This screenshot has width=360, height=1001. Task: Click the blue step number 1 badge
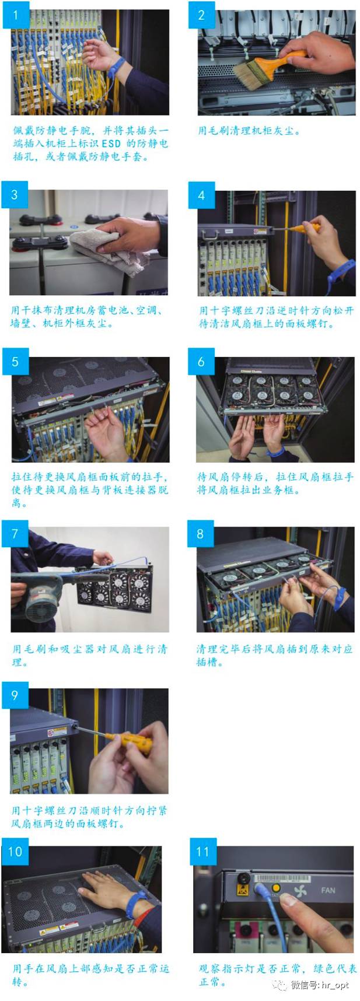pos(16,15)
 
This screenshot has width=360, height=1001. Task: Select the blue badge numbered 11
pos(202,852)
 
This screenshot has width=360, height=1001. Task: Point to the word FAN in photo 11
pos(328,890)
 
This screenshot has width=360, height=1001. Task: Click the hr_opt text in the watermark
pos(335,985)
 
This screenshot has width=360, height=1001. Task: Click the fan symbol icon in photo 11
pos(300,891)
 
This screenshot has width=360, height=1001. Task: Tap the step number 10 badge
pos(15,852)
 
